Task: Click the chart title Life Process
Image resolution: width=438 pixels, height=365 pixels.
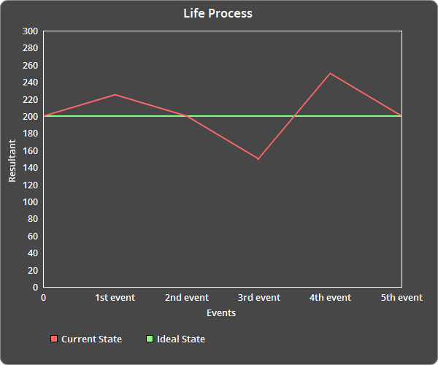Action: (x=218, y=13)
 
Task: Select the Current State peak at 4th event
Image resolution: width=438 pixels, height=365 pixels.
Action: (x=330, y=73)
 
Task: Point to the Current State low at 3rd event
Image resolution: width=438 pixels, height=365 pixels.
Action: (x=258, y=158)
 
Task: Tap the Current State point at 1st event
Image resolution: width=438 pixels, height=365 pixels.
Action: (x=115, y=95)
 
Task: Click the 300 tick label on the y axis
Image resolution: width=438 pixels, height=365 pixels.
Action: (x=30, y=31)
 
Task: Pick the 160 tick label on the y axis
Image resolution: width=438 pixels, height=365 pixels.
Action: (x=30, y=151)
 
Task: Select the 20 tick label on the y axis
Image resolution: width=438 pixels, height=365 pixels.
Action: (x=32, y=270)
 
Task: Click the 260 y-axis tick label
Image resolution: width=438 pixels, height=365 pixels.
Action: (x=30, y=66)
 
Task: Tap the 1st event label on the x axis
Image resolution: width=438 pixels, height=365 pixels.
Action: (x=115, y=298)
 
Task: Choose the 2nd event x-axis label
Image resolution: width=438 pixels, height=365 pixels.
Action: (x=187, y=298)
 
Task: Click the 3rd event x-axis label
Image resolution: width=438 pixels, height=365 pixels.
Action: (x=258, y=298)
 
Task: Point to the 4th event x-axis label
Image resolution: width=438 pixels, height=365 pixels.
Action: (x=330, y=298)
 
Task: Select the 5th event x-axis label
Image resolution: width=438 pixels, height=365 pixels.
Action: (x=401, y=298)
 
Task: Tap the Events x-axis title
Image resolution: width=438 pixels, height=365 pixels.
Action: (x=221, y=312)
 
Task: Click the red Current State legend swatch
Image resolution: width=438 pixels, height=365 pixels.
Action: (x=54, y=339)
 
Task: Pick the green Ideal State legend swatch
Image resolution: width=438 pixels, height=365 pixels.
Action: (x=150, y=339)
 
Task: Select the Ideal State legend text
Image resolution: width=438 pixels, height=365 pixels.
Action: (x=181, y=339)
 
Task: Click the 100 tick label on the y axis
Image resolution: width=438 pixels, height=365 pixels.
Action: (x=30, y=202)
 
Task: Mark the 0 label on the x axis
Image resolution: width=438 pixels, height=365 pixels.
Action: (x=44, y=298)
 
